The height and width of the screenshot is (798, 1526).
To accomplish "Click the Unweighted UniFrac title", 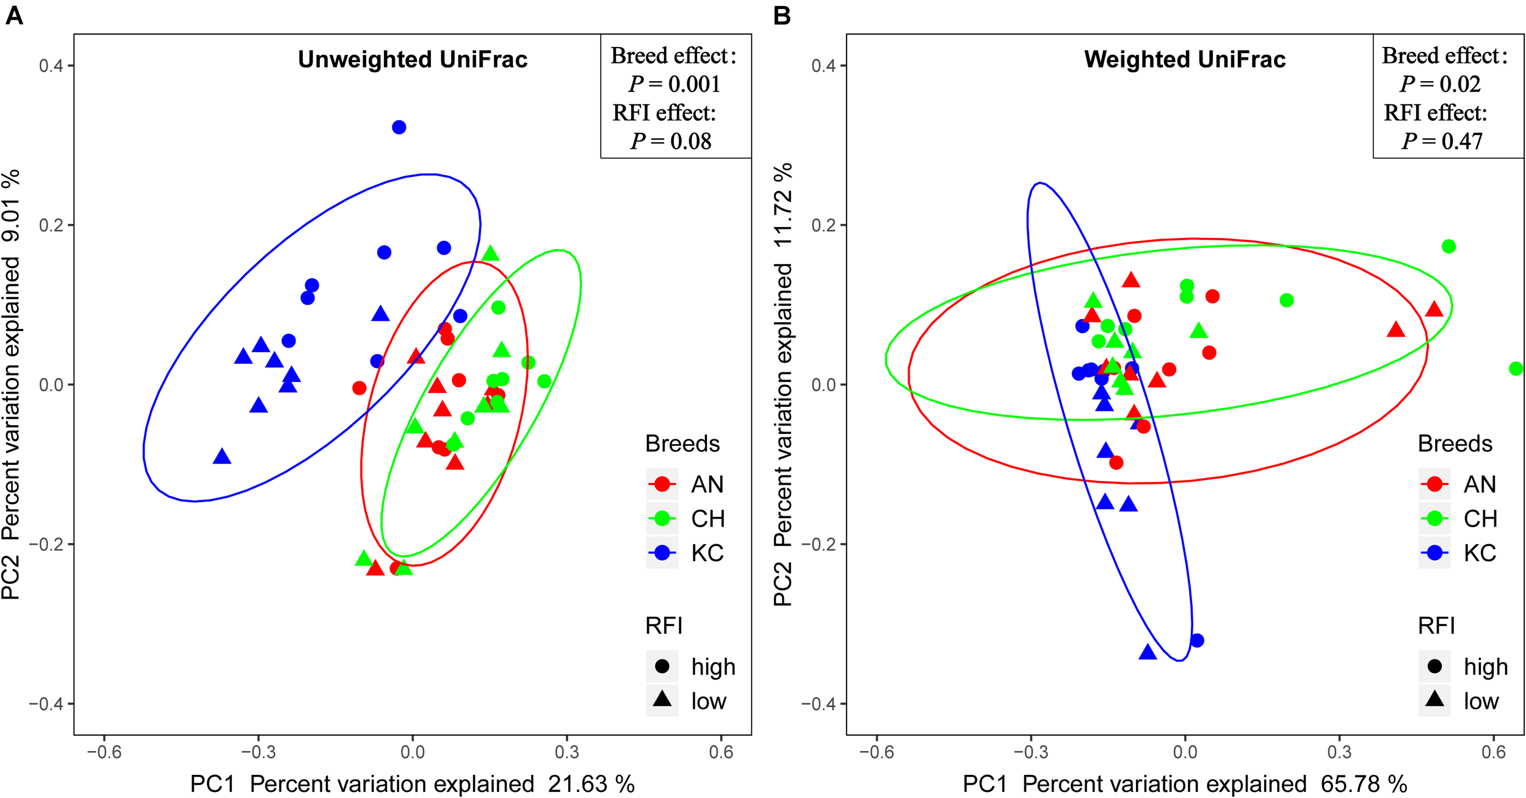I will point(413,60).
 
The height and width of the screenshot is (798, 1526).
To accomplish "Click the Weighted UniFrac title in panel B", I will point(1184,60).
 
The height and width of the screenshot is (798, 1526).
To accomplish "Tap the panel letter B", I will point(782,15).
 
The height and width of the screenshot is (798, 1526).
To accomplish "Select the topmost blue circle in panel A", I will point(399,127).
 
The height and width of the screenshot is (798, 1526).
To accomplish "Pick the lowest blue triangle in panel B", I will point(1148,652).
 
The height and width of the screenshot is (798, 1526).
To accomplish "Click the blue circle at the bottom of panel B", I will point(1196,641).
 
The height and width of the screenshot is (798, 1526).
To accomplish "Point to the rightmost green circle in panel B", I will point(1515,368).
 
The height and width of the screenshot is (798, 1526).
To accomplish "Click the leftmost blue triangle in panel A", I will point(222,456).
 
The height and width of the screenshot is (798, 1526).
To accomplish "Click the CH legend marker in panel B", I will point(1434,519).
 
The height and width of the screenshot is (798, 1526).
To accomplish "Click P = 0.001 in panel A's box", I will point(674,84).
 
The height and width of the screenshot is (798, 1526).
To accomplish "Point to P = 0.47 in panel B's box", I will point(1442,142).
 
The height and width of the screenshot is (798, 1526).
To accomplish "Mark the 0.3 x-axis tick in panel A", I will point(566,752).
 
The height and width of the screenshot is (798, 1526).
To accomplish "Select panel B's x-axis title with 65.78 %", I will point(1184,784).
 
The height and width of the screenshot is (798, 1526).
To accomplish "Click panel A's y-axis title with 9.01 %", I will point(11,384).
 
